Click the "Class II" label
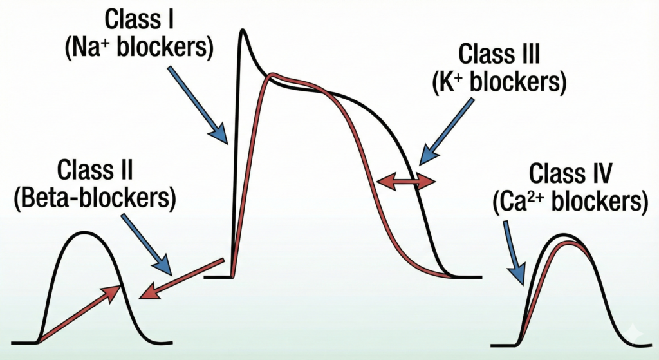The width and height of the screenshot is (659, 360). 95,171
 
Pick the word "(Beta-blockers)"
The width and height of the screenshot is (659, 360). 95,198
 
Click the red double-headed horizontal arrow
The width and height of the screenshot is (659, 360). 405,182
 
